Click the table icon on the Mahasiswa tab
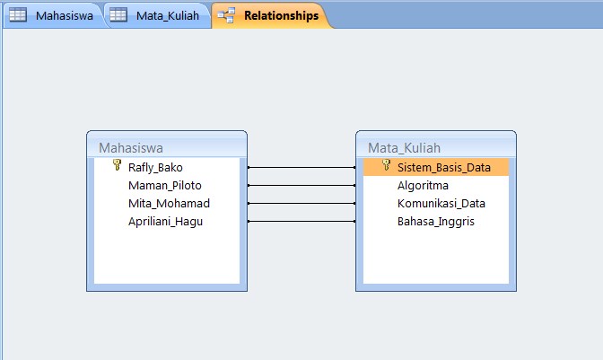coord(17,15)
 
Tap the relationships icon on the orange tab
coord(225,15)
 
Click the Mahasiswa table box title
coord(131,147)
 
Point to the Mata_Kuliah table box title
coord(404,147)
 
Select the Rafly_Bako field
coord(155,167)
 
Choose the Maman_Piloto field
coord(165,185)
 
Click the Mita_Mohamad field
coord(169,203)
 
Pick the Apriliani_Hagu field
coord(166,221)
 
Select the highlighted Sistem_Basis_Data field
coord(443,167)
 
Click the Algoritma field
coord(423,185)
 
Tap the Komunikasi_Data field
coord(441,203)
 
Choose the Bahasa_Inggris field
coord(436,221)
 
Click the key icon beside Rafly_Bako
coord(117,166)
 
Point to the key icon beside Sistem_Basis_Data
coord(386,166)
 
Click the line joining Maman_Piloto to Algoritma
coord(301,185)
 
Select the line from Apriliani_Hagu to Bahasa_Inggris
coord(301,221)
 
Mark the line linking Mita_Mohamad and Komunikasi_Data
coord(301,203)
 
